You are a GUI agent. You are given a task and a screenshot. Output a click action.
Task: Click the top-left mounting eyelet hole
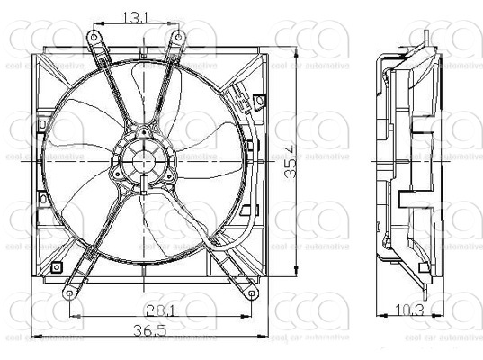(93, 36)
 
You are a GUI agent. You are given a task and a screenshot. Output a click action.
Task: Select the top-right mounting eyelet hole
(178, 36)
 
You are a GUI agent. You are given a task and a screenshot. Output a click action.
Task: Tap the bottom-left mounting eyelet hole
(68, 293)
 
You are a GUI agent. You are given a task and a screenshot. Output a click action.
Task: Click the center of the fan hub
(143, 161)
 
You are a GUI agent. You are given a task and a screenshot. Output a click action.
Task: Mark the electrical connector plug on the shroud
(239, 95)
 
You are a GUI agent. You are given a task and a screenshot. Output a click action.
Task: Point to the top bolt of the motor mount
(143, 130)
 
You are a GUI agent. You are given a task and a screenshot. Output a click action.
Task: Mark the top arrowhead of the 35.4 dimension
(297, 36)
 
